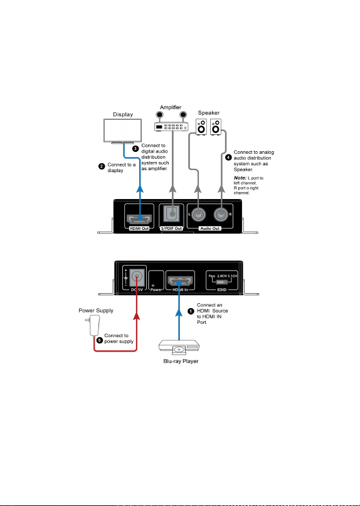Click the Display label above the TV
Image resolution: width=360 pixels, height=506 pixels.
(123, 114)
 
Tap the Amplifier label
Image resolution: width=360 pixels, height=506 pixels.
(171, 107)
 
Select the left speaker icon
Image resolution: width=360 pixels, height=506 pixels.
(201, 127)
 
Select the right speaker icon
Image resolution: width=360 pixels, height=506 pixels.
(216, 127)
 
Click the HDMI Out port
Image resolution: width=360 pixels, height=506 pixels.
(139, 219)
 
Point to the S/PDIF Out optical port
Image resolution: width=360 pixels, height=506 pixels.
(172, 213)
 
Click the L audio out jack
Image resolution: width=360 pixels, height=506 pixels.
(198, 214)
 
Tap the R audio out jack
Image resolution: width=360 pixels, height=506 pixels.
(221, 214)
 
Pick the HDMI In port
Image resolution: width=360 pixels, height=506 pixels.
(180, 282)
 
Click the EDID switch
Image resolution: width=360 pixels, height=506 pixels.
(222, 282)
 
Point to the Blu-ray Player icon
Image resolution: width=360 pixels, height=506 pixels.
(179, 348)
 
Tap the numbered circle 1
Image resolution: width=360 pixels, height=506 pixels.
(191, 311)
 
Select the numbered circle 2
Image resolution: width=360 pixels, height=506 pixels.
(102, 166)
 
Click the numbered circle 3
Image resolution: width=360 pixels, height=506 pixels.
(135, 148)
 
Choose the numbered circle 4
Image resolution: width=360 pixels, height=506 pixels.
(228, 158)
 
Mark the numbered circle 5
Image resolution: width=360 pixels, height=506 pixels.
(100, 340)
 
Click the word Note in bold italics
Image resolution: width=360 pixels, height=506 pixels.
(240, 178)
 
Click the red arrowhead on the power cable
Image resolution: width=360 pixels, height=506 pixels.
(137, 315)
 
